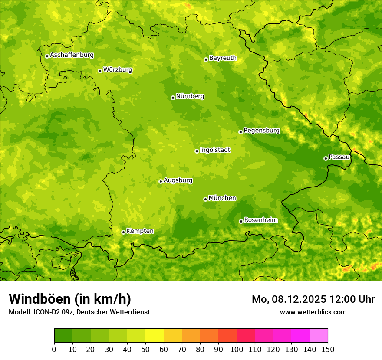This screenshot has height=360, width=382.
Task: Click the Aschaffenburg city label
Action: (x=72, y=55)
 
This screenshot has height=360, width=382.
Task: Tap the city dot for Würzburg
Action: (x=100, y=71)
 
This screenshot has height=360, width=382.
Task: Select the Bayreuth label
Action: (x=223, y=58)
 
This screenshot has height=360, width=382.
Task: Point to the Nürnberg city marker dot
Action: (x=173, y=98)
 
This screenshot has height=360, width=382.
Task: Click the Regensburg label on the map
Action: (x=261, y=131)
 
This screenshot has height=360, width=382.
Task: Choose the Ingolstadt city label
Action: (x=215, y=150)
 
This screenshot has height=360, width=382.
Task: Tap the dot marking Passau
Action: (x=326, y=158)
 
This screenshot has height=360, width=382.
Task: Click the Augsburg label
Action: (x=178, y=180)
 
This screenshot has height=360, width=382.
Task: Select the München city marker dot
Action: (x=205, y=199)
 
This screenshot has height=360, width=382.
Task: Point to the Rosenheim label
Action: (x=260, y=220)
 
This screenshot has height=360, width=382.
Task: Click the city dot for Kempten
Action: (x=123, y=232)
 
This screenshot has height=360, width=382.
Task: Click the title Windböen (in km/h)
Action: (x=70, y=299)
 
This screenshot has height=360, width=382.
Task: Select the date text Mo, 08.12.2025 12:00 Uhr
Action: (x=313, y=299)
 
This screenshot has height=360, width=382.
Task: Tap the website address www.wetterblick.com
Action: (x=313, y=312)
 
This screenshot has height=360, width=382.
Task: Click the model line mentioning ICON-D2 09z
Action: (x=79, y=312)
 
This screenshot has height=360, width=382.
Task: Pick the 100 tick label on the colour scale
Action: (x=237, y=350)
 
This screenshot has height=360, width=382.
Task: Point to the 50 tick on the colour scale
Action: (x=145, y=350)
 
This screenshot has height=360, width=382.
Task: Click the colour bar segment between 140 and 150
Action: (x=319, y=336)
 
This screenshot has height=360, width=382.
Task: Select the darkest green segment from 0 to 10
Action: (x=63, y=336)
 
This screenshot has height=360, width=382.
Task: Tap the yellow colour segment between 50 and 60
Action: (x=155, y=336)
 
